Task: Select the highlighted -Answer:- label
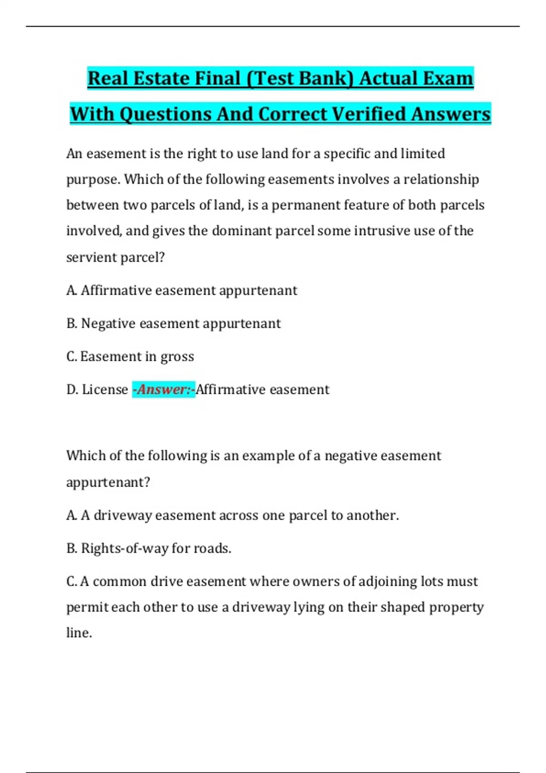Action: (164, 390)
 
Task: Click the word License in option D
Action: (105, 390)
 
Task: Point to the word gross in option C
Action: (177, 357)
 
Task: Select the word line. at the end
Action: (79, 633)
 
